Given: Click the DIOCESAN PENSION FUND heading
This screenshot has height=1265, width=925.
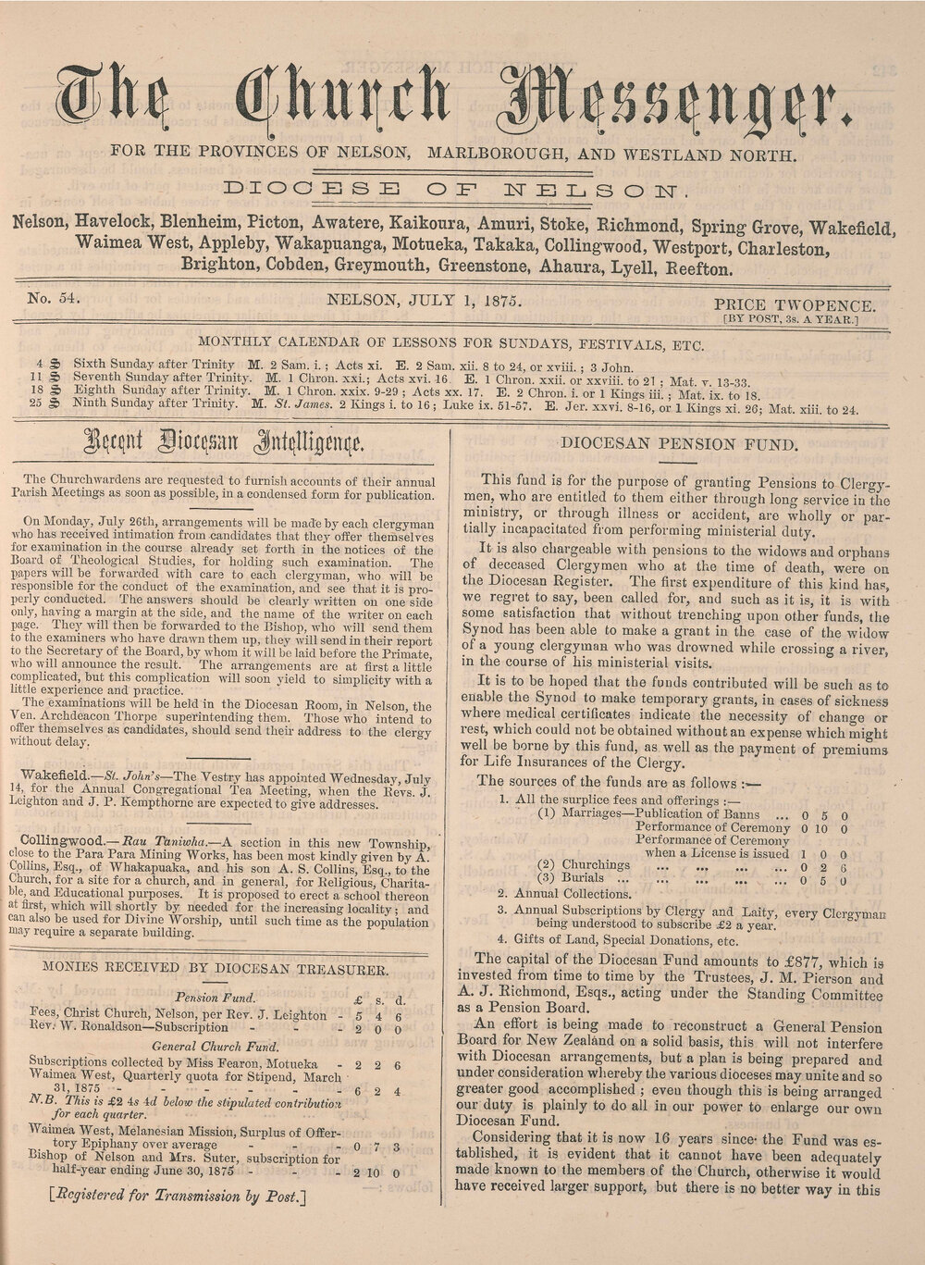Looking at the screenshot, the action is click(x=678, y=442).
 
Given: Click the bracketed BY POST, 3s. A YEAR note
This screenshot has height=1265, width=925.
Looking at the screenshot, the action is click(x=791, y=320).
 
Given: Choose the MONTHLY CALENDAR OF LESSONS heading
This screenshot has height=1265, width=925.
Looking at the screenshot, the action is click(x=452, y=345).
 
